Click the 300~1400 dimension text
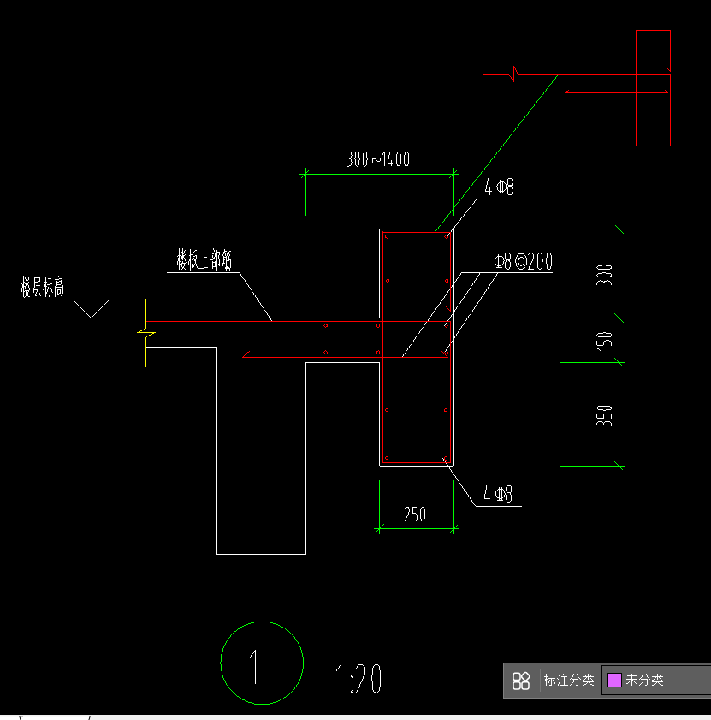click(378, 159)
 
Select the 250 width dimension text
click(415, 515)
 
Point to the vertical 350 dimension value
click(604, 415)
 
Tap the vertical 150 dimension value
click(604, 342)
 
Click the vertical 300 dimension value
click(604, 275)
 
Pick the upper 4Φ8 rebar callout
click(499, 187)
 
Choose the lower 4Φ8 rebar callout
click(498, 495)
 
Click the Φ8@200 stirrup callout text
click(523, 261)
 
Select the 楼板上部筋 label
click(204, 260)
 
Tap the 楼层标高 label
click(42, 288)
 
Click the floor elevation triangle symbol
click(92, 308)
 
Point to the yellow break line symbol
click(146, 333)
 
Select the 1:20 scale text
click(358, 678)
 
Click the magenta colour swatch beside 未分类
click(614, 680)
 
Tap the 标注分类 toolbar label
click(569, 680)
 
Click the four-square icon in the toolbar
click(521, 681)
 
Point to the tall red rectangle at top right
click(637, 88)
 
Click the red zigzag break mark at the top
click(515, 74)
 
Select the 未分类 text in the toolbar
click(645, 680)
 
